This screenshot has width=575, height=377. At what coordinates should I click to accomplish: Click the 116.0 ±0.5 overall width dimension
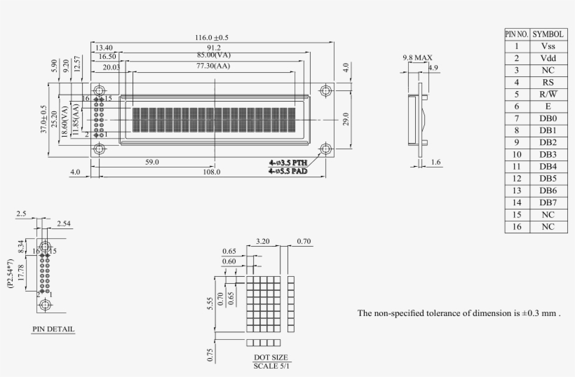pos(212,37)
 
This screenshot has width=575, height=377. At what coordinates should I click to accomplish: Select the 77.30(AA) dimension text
pos(212,66)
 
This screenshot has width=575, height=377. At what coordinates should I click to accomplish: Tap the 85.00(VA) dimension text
pos(215,54)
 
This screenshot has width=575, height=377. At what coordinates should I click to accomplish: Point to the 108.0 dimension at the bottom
pos(212,172)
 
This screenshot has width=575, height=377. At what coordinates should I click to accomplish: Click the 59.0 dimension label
pos(152,162)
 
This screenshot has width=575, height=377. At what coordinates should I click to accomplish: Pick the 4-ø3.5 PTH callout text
pos(287,162)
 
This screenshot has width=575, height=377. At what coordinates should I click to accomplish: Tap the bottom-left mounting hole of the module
pos(99,149)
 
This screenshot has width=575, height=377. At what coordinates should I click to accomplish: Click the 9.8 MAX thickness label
pos(417,57)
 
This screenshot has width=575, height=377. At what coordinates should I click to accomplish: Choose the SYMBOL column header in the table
pos(548,34)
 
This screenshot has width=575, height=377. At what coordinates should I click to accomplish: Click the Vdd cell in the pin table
pos(548,58)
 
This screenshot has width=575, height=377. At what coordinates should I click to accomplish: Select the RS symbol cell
pos(548,82)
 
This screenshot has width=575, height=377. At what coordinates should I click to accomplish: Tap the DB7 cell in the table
pos(548,203)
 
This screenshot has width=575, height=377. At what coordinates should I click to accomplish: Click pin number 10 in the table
pos(516,154)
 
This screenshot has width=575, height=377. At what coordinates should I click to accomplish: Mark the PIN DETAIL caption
pos(53,329)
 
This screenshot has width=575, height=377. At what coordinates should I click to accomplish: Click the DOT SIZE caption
pos(270,357)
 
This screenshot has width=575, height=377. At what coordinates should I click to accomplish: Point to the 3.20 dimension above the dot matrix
pos(264,240)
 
